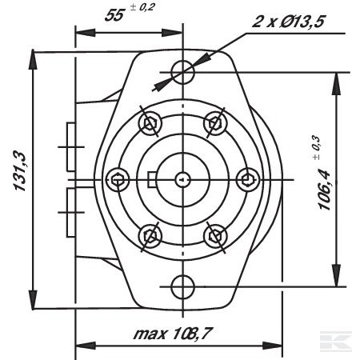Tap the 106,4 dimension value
coord(326,185)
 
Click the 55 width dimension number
coord(115,16)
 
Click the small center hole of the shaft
coord(182,178)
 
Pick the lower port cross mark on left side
coord(68,211)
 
